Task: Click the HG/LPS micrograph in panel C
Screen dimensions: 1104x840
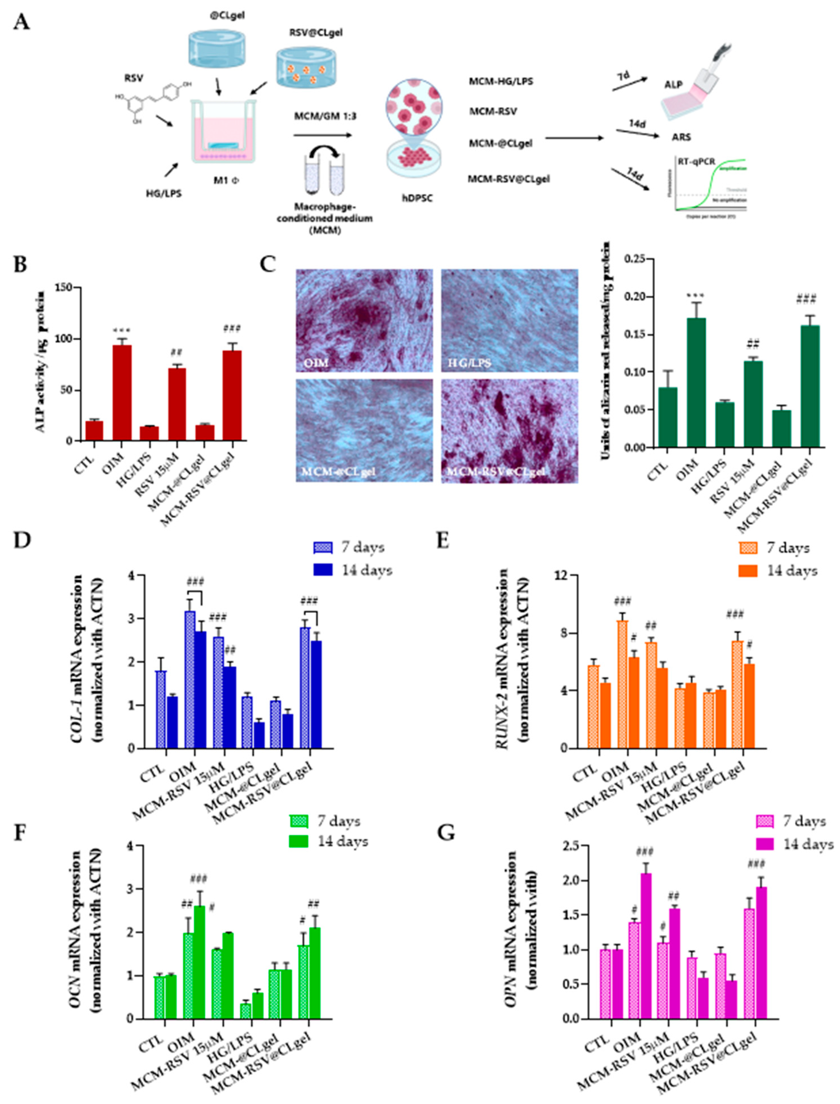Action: click(x=509, y=320)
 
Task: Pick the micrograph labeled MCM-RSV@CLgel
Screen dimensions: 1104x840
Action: click(x=509, y=431)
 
